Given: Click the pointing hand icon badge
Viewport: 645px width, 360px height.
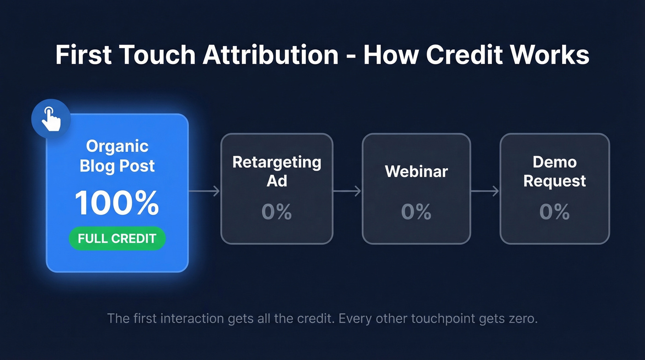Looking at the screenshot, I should [51, 118].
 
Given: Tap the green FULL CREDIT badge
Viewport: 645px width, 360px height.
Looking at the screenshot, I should [117, 238].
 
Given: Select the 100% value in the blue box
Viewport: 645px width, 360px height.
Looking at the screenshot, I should [117, 203].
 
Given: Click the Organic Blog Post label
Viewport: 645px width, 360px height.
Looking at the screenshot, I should [117, 156].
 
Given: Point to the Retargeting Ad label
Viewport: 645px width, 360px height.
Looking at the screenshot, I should [276, 171].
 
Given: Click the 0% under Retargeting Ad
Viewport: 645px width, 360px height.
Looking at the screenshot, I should [276, 212].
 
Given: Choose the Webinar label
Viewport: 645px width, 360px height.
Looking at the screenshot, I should [416, 171].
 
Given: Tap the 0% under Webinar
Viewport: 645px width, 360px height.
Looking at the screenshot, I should [416, 212].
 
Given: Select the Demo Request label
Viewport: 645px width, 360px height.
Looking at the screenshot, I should [555, 171].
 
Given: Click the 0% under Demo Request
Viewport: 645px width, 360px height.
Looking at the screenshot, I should [555, 212].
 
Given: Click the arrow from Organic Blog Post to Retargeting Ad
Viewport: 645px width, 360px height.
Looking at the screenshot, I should [205, 191].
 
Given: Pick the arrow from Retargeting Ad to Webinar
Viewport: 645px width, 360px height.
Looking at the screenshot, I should [347, 191].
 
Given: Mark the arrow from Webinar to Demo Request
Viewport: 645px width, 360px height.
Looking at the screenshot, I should [485, 191].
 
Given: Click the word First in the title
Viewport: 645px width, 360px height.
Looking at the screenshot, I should [83, 55].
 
